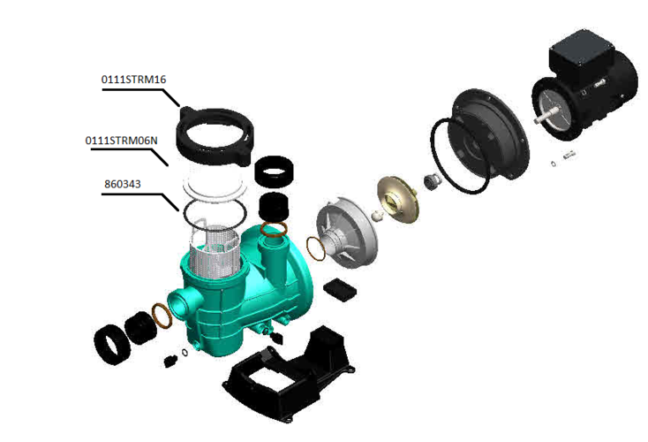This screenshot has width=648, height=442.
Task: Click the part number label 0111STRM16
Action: click(x=133, y=79)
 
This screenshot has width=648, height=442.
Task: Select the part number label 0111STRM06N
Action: click(x=121, y=141)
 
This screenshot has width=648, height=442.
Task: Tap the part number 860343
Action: click(x=123, y=184)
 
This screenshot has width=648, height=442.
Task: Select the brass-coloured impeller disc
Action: click(x=398, y=199)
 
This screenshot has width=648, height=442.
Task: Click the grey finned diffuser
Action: click(x=347, y=232)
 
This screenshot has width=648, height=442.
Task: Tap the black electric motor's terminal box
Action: click(x=581, y=51)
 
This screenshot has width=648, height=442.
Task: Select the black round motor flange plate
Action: click(x=487, y=133)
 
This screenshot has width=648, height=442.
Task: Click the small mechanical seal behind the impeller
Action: click(x=432, y=182)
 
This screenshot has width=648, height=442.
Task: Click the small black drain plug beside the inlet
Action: click(x=170, y=362)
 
